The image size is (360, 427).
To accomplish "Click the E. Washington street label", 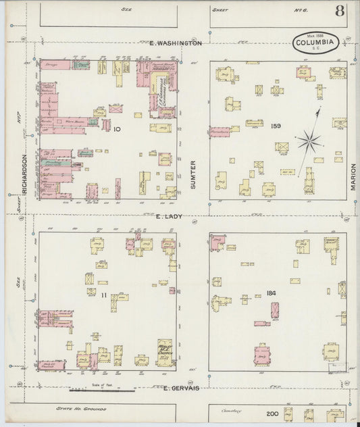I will pyautogui.click(x=174, y=43).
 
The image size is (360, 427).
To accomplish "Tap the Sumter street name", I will pyautogui.click(x=192, y=174).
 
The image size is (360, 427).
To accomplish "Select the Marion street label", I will pyautogui.click(x=353, y=174).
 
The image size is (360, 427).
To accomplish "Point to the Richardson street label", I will pyautogui.click(x=24, y=174).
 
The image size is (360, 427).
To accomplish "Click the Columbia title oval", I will pyautogui.click(x=315, y=43).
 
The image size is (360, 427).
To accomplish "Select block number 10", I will pyautogui.click(x=117, y=128).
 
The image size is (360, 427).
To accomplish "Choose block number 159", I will pyautogui.click(x=275, y=126).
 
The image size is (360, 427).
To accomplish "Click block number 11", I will pyautogui.click(x=103, y=296).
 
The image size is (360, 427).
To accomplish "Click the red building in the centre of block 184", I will pyautogui.click(x=275, y=309).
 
